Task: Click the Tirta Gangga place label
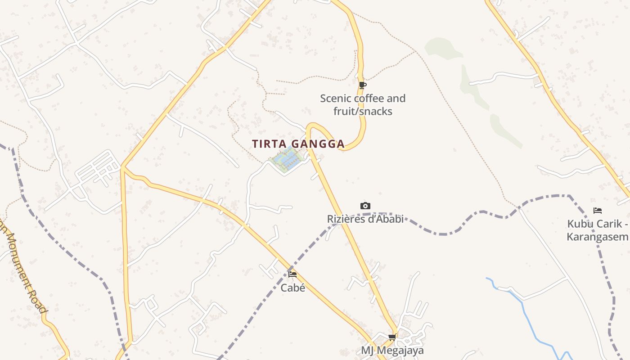click(298, 144)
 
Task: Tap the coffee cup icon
click(363, 85)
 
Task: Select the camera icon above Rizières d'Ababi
click(365, 206)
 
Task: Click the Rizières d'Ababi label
click(365, 219)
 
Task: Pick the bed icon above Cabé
click(292, 274)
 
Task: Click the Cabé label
click(293, 288)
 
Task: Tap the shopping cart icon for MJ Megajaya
click(392, 337)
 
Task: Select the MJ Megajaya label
click(392, 350)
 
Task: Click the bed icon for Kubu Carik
click(598, 211)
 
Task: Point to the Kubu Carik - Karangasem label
click(598, 230)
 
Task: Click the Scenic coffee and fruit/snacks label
click(363, 104)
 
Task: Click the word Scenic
click(336, 98)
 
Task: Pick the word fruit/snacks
click(363, 111)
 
